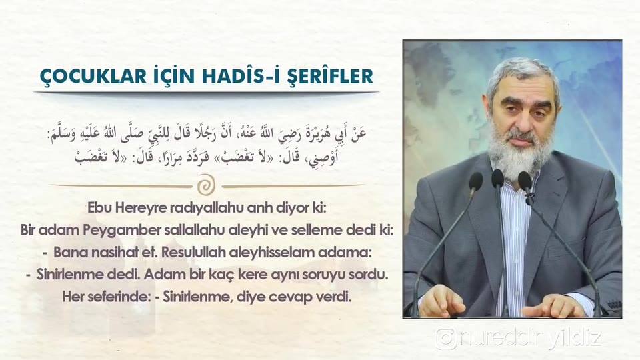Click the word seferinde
pos(121,296)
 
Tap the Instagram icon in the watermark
pos(445,339)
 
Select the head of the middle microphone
pos(497,179)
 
